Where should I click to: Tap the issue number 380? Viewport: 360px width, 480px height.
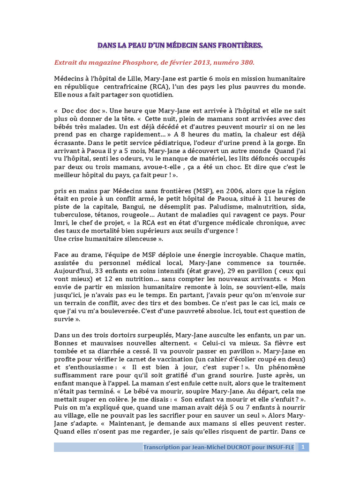(x=246, y=62)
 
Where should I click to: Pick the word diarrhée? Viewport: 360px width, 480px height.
(x=110, y=351)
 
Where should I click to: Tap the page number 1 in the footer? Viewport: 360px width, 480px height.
(x=303, y=447)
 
